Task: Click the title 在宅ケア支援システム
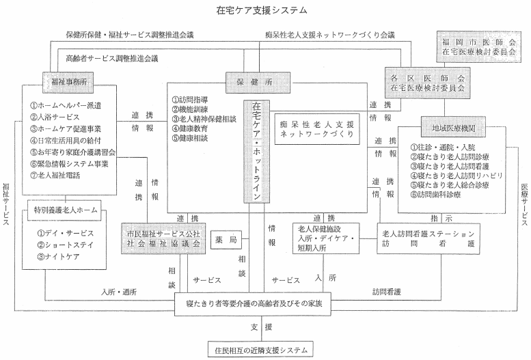262,10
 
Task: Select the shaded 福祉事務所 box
68,82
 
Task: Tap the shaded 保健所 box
258,82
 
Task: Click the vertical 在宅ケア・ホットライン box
257,152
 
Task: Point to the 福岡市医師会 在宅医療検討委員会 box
479,46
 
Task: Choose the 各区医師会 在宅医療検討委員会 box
427,83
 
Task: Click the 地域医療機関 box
454,127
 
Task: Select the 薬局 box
226,240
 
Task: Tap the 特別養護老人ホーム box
64,210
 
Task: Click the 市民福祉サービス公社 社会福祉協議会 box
163,238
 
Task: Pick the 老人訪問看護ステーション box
428,239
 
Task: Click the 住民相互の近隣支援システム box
260,350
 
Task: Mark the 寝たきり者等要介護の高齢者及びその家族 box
253,303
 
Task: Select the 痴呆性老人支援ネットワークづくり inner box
317,129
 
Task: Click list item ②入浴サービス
55,117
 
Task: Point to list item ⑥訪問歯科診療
435,195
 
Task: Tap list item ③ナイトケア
58,257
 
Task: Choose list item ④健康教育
190,128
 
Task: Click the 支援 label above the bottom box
262,327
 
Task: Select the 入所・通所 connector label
118,292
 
